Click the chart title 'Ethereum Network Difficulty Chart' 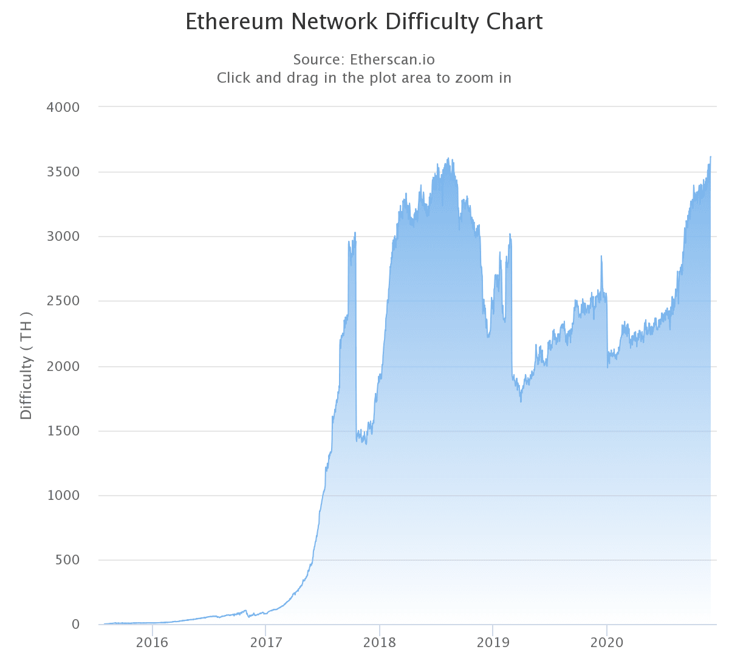coord(364,22)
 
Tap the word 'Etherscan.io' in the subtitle coord(392,60)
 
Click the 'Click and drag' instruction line coord(364,78)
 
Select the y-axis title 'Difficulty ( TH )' coord(26,366)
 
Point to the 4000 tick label coord(63,107)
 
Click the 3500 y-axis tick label coord(63,172)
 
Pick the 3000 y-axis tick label coord(63,237)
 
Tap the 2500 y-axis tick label coord(63,301)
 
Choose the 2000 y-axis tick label coord(63,366)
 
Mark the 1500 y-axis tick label coord(63,431)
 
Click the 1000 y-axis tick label coord(63,495)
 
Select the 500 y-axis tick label coord(67,560)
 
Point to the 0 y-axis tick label coord(75,625)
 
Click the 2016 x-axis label coord(152,643)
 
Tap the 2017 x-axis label coord(266,643)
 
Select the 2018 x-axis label coord(380,643)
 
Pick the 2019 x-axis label coord(493,643)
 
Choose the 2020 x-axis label coord(607,643)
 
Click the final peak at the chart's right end coord(710,157)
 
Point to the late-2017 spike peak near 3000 coord(355,232)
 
